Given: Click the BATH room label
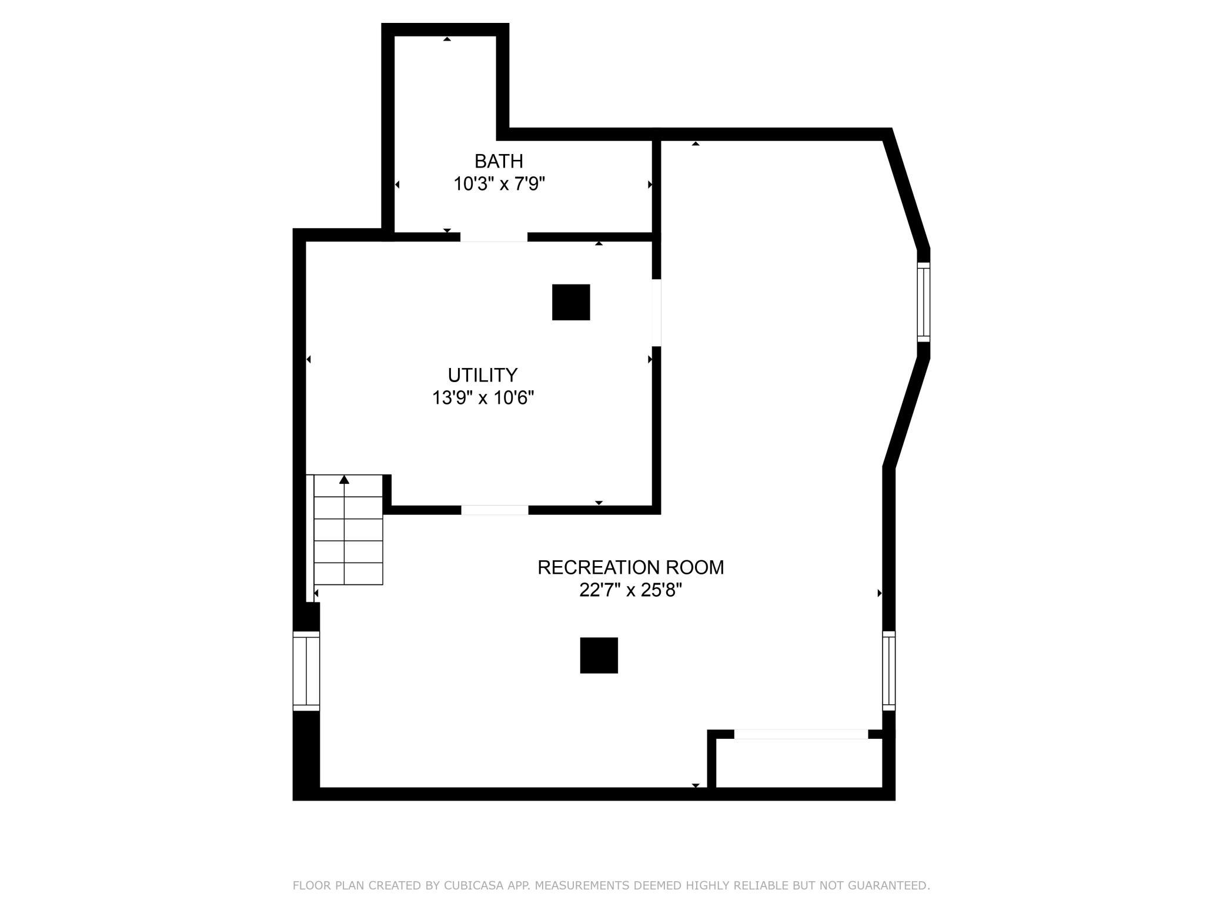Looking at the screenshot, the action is (x=499, y=160).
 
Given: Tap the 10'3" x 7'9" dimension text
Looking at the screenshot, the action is (x=499, y=184).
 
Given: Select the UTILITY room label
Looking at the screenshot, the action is (x=483, y=375).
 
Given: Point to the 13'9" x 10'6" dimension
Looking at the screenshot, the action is (x=483, y=398).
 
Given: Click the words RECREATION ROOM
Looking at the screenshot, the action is (x=631, y=567).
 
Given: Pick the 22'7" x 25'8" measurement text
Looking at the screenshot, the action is (x=631, y=590).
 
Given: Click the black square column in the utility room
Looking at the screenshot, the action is (x=571, y=302).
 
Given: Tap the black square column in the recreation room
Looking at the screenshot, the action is (x=599, y=655).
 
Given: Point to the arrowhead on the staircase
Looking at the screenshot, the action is (x=345, y=480).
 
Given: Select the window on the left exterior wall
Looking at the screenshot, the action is (x=306, y=671).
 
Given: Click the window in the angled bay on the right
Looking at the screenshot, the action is (x=924, y=302).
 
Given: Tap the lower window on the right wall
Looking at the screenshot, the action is (x=889, y=671).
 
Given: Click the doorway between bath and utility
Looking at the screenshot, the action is (x=494, y=237).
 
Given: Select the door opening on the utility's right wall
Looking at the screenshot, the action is (x=657, y=312).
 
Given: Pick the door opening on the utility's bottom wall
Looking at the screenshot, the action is (x=494, y=510).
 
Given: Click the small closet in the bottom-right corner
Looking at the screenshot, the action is (x=799, y=763).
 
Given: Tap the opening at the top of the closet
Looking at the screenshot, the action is (x=801, y=734).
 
